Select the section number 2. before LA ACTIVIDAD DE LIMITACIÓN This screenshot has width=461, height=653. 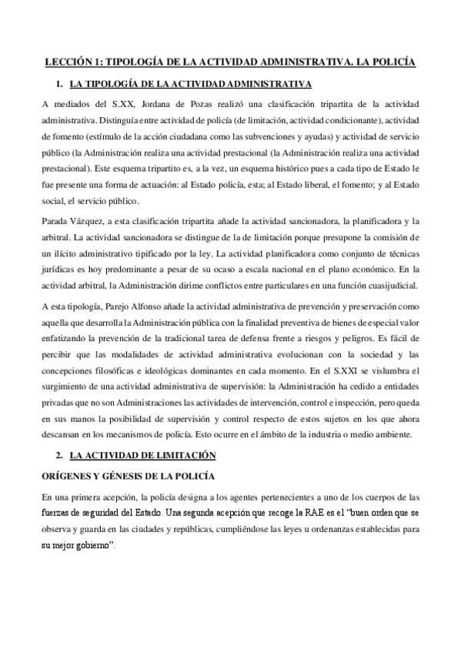coord(58,456)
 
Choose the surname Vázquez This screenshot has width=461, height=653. coord(99,222)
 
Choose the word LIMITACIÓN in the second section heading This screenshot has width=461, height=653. coord(182,456)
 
